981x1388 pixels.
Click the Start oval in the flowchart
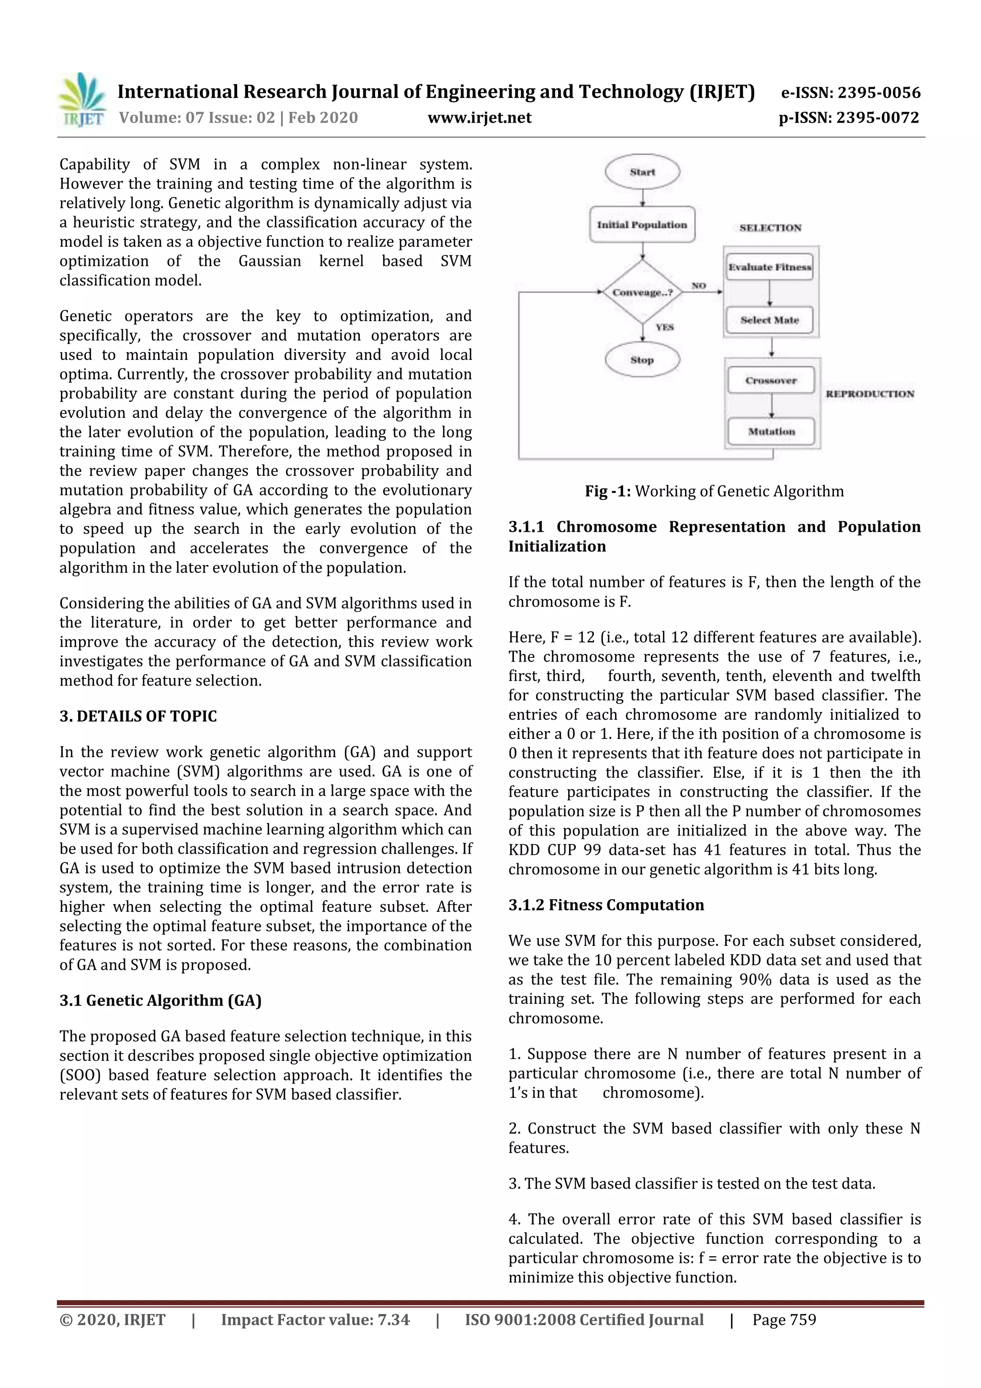642,172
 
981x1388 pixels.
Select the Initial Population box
642,225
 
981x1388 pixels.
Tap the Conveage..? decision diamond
642,293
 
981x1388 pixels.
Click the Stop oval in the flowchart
642,360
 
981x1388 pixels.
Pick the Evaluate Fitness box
769,267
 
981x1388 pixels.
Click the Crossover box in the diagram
771,380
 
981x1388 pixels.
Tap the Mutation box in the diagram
771,432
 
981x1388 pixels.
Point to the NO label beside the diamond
698,286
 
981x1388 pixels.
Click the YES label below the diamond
664,327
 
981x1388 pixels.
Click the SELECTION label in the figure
770,228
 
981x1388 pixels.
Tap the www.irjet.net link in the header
479,118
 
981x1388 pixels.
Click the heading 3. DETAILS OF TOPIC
138,716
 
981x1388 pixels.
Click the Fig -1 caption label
607,491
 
